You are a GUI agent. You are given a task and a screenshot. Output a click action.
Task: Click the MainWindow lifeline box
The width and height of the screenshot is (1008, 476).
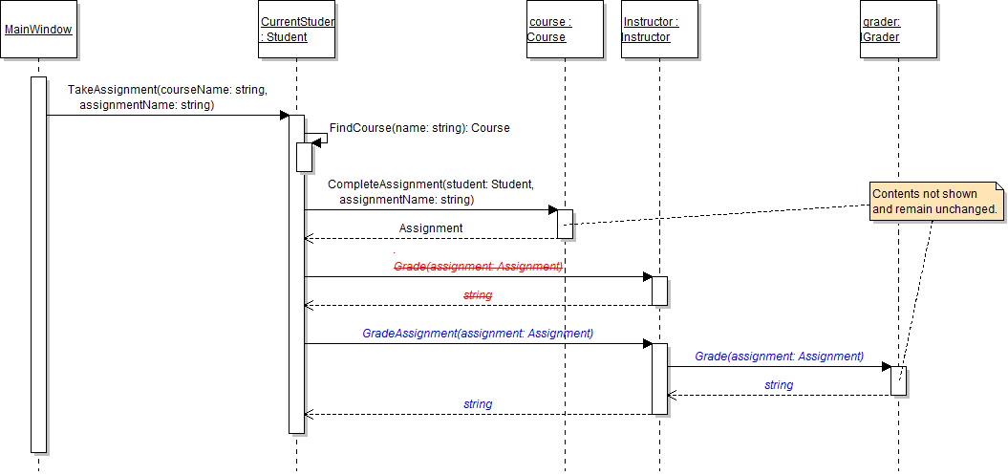pyautogui.click(x=38, y=30)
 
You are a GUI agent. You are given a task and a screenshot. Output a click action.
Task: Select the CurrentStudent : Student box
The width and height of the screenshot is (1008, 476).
pyautogui.click(x=297, y=30)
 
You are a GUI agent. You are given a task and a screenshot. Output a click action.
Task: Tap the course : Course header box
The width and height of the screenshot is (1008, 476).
pyautogui.click(x=565, y=30)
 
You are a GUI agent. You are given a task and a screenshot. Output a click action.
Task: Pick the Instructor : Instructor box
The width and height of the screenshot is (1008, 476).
pyautogui.click(x=659, y=30)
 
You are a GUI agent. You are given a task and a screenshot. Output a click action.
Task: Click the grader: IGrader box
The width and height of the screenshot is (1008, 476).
pyautogui.click(x=898, y=30)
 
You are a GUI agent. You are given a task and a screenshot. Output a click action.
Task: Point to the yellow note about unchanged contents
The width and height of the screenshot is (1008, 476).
pyautogui.click(x=934, y=202)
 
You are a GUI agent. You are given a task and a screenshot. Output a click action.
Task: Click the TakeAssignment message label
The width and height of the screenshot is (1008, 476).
pyautogui.click(x=167, y=97)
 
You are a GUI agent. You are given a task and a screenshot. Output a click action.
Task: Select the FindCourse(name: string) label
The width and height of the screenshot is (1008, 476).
pyautogui.click(x=419, y=128)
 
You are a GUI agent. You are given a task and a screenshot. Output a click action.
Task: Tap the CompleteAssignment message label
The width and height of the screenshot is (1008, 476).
pyautogui.click(x=431, y=191)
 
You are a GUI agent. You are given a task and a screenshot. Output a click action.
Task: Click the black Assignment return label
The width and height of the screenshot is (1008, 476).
pyautogui.click(x=431, y=228)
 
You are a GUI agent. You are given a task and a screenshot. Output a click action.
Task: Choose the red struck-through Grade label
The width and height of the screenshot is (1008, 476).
pyautogui.click(x=478, y=267)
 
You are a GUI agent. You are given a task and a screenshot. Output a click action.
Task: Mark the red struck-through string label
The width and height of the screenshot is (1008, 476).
pyautogui.click(x=478, y=295)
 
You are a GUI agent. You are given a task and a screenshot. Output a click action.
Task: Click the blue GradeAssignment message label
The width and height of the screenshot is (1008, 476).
pyautogui.click(x=478, y=334)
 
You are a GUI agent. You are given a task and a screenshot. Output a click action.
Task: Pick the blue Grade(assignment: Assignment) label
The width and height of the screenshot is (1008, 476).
pyautogui.click(x=779, y=356)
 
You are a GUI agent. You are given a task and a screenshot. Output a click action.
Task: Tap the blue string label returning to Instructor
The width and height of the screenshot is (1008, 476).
pyautogui.click(x=779, y=385)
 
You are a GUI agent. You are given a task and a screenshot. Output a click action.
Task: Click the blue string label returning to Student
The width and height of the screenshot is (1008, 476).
pyautogui.click(x=478, y=404)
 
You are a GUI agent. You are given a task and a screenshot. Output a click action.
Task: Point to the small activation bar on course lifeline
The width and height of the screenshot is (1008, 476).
pyautogui.click(x=565, y=224)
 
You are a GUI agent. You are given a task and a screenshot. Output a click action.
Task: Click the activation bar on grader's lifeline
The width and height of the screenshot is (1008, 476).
pyautogui.click(x=898, y=380)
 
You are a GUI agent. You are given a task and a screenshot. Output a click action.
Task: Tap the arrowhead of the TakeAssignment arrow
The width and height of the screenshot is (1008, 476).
pyautogui.click(x=284, y=116)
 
